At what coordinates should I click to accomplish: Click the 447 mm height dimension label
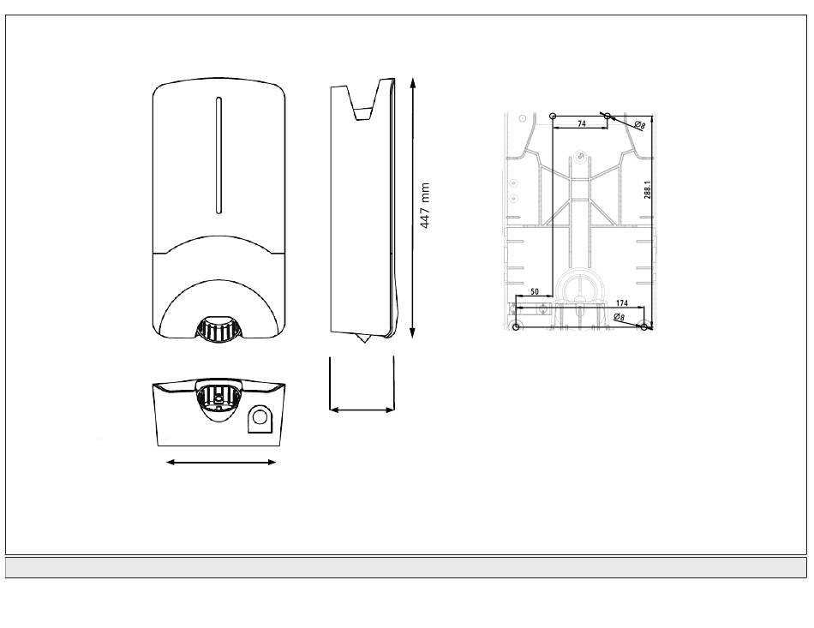click(425, 206)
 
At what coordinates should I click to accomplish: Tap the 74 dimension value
click(582, 123)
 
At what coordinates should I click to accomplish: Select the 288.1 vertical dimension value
click(648, 190)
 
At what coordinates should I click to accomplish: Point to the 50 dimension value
click(535, 292)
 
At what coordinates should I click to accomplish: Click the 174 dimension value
click(621, 303)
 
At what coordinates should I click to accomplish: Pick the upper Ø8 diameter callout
click(639, 125)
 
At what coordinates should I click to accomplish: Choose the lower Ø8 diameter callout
click(619, 317)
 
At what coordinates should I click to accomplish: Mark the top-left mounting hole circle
click(553, 115)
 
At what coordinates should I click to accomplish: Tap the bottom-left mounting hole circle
click(516, 326)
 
